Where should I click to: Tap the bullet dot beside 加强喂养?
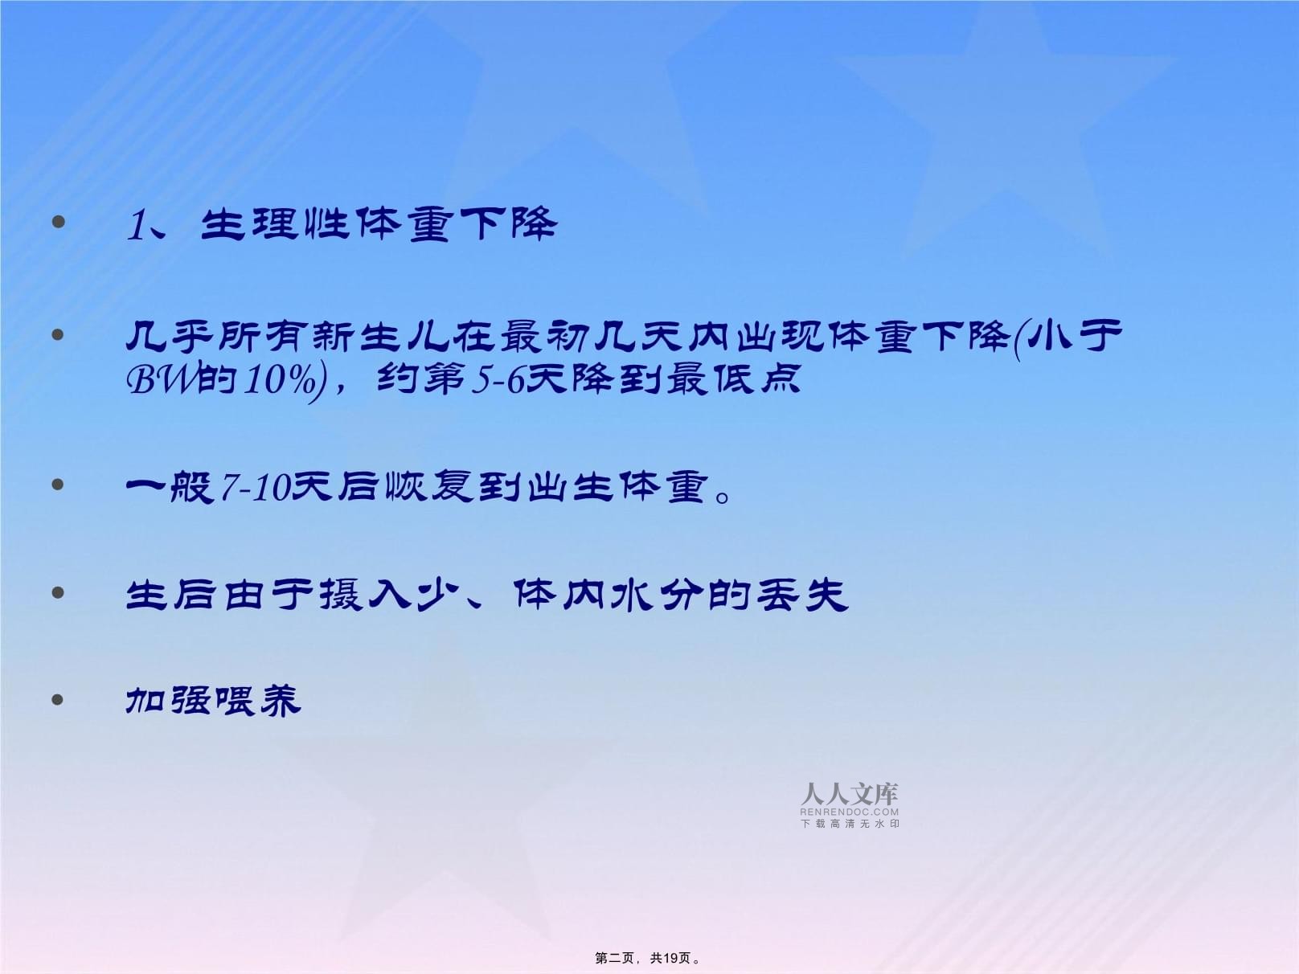57,700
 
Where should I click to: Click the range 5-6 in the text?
498,379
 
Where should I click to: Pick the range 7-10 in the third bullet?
256,489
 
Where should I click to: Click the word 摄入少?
387,595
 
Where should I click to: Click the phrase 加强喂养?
214,702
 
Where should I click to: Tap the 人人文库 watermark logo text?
849,794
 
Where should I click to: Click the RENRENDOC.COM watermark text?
849,812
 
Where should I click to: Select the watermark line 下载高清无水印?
850,824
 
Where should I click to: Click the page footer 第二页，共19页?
647,958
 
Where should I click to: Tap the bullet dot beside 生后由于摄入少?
57,592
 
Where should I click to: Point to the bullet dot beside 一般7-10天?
57,485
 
